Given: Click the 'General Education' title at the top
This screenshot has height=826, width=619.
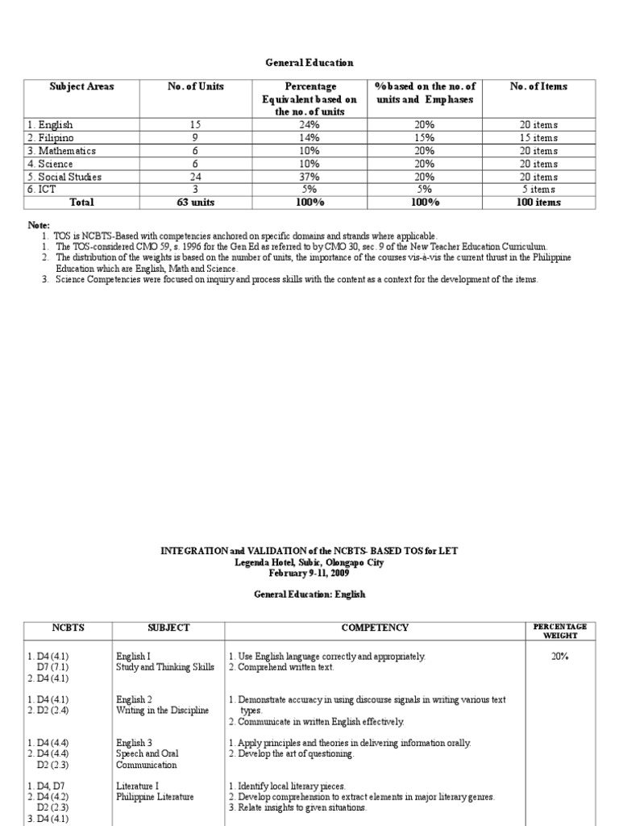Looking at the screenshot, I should click(x=310, y=62).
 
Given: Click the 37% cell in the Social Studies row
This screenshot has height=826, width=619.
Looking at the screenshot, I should click(x=310, y=177).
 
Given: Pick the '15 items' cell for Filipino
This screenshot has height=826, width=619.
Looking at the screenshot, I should click(x=538, y=138).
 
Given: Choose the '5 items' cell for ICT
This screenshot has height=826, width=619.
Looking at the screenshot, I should click(x=538, y=190).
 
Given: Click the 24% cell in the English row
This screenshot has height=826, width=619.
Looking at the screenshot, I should click(x=310, y=125).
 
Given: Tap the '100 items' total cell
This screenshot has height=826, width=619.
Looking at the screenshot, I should click(x=538, y=202).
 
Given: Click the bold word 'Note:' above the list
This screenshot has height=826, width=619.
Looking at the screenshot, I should click(x=37, y=225).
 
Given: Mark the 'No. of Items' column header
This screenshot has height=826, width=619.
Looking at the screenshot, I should click(x=538, y=86).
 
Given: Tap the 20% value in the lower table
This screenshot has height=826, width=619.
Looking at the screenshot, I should click(x=559, y=657).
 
